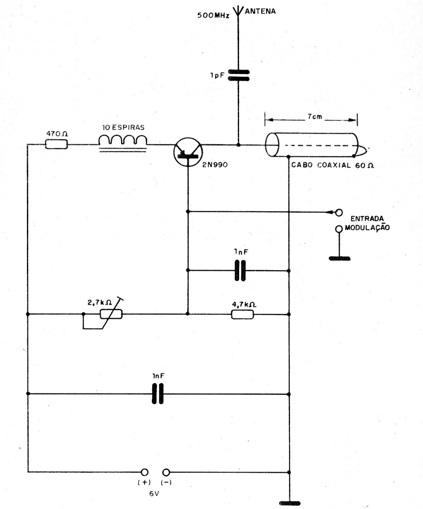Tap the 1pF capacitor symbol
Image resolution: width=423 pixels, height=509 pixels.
238,75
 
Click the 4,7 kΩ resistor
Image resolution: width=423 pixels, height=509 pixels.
243,314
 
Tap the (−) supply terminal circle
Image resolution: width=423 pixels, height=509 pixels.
167,472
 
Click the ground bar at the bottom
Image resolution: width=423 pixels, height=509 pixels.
290,503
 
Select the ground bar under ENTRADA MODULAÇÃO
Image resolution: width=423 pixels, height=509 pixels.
339,258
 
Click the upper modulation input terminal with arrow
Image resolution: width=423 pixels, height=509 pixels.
339,212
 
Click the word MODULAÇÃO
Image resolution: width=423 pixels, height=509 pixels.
367,228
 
